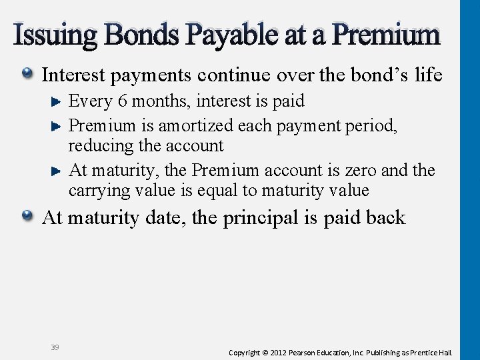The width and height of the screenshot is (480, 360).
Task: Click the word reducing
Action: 95,146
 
